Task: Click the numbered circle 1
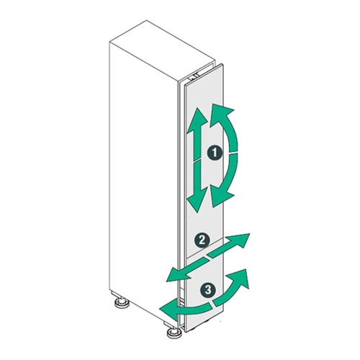point(215,153)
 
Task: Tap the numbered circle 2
point(202,240)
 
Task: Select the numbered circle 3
point(208,289)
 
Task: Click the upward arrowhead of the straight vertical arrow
point(197,120)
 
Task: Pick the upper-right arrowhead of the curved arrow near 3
point(239,279)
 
